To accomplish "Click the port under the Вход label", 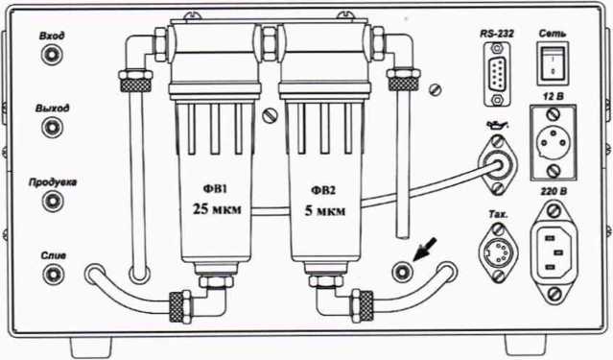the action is (52, 55).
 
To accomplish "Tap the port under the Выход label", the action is (52, 127).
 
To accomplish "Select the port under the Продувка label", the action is (52, 201).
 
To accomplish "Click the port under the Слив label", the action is (54, 274).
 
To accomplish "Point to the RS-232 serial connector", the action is (497, 74).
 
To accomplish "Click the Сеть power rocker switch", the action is (552, 63).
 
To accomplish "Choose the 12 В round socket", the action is (553, 143).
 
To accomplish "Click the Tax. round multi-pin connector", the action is (498, 252).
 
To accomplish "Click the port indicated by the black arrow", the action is (402, 271).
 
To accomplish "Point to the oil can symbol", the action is (497, 125).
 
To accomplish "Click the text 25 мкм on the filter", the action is (217, 209).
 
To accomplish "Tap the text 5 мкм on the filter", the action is (325, 211).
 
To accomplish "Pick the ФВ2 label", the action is (323, 191).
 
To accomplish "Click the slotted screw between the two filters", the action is (270, 116).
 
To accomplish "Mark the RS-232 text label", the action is (497, 34).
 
